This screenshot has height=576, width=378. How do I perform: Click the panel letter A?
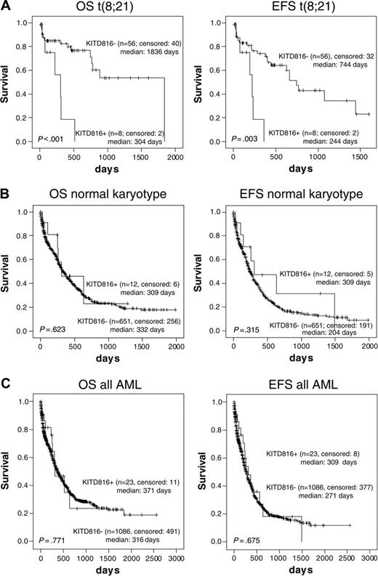(5, 5)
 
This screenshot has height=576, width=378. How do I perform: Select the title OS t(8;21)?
(104, 9)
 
